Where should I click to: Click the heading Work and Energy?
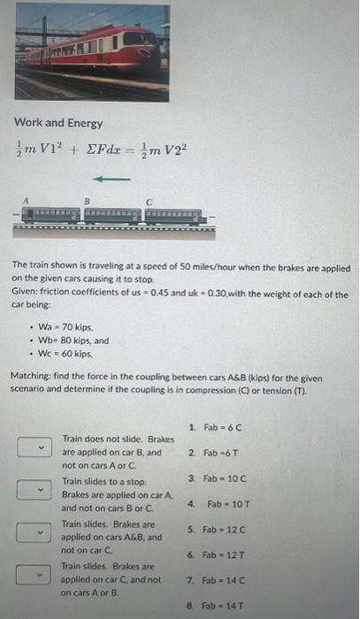57,123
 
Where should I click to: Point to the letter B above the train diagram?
87,202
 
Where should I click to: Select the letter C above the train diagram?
150,202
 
